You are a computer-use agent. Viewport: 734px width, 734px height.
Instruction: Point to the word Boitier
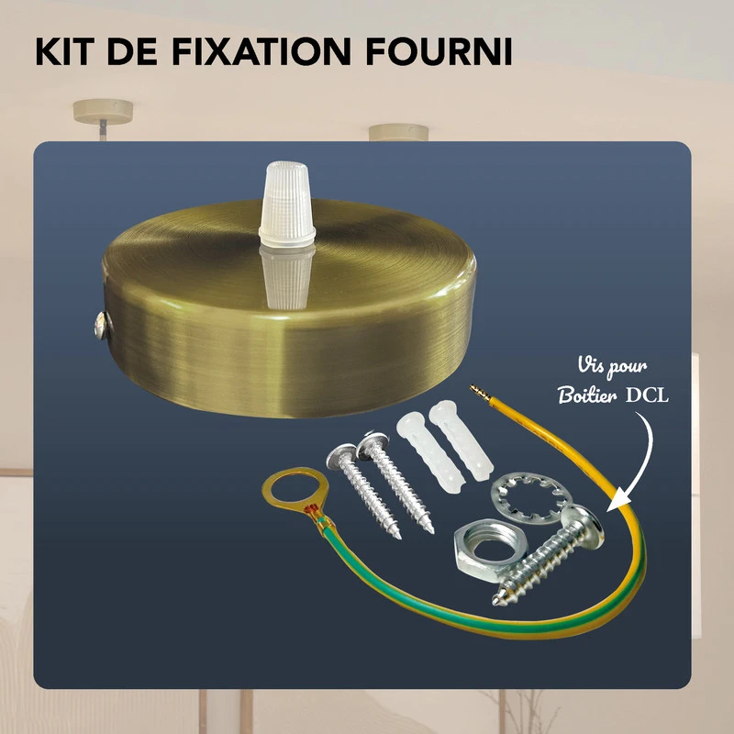coord(588,396)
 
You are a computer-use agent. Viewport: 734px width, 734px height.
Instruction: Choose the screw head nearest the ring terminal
coord(339,454)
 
